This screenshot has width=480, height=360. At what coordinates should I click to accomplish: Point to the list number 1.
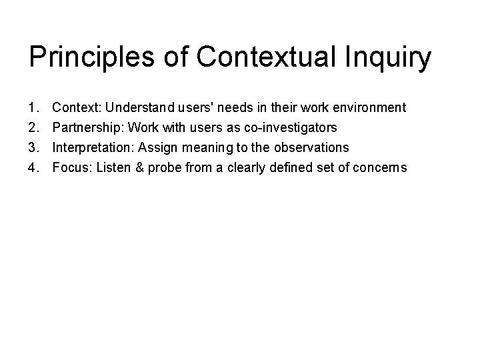click(x=33, y=107)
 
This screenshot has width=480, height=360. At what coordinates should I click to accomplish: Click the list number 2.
click(x=33, y=127)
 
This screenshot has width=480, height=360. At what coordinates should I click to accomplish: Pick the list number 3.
click(x=33, y=147)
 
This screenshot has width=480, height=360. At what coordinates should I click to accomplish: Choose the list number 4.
click(x=33, y=167)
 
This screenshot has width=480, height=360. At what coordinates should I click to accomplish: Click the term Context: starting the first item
click(x=77, y=107)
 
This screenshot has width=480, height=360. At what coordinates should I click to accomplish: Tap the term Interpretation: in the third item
click(x=93, y=147)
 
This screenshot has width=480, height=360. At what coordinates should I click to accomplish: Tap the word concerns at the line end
click(x=380, y=167)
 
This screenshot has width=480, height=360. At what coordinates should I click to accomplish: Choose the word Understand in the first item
click(x=138, y=107)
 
